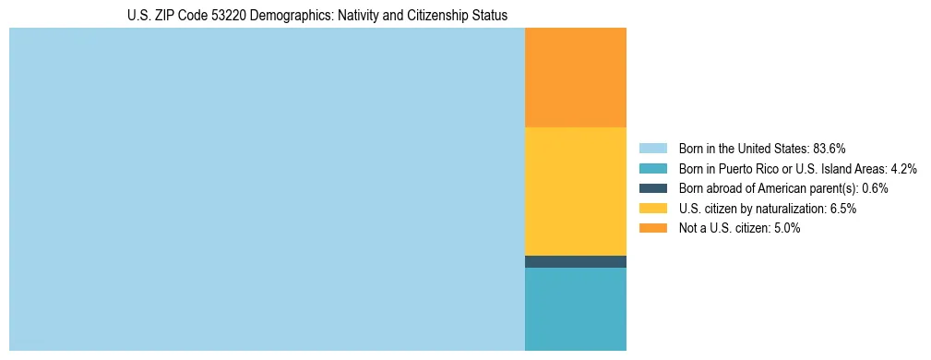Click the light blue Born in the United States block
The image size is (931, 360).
267,189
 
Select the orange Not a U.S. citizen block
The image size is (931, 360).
575,78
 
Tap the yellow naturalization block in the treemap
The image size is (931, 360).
575,191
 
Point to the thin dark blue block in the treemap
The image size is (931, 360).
575,261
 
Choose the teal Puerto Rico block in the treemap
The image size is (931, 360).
575,309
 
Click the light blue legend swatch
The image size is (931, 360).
652,148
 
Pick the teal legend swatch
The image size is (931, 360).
652,168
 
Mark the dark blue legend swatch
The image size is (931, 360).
652,188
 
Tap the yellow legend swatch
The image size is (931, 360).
652,209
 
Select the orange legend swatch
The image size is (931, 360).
652,229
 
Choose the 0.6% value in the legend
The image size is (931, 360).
875,188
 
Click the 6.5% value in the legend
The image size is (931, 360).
843,209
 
